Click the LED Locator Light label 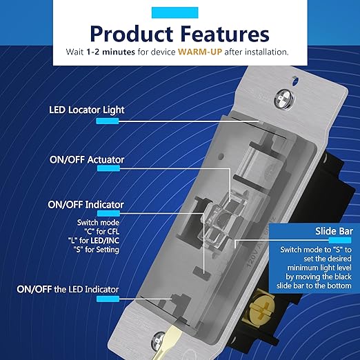click(x=90, y=109)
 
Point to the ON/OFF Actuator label click(x=87, y=160)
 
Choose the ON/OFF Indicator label click(x=86, y=205)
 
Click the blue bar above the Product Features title click(x=179, y=10)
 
